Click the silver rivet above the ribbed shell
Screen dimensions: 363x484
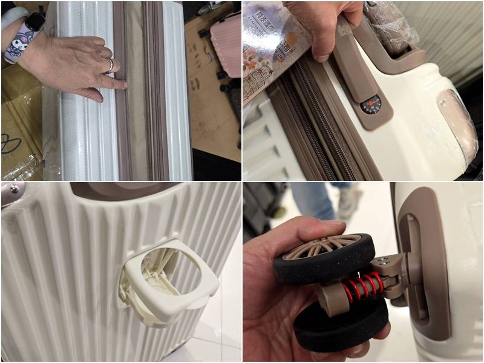pyautogui.click(x=11, y=192)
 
